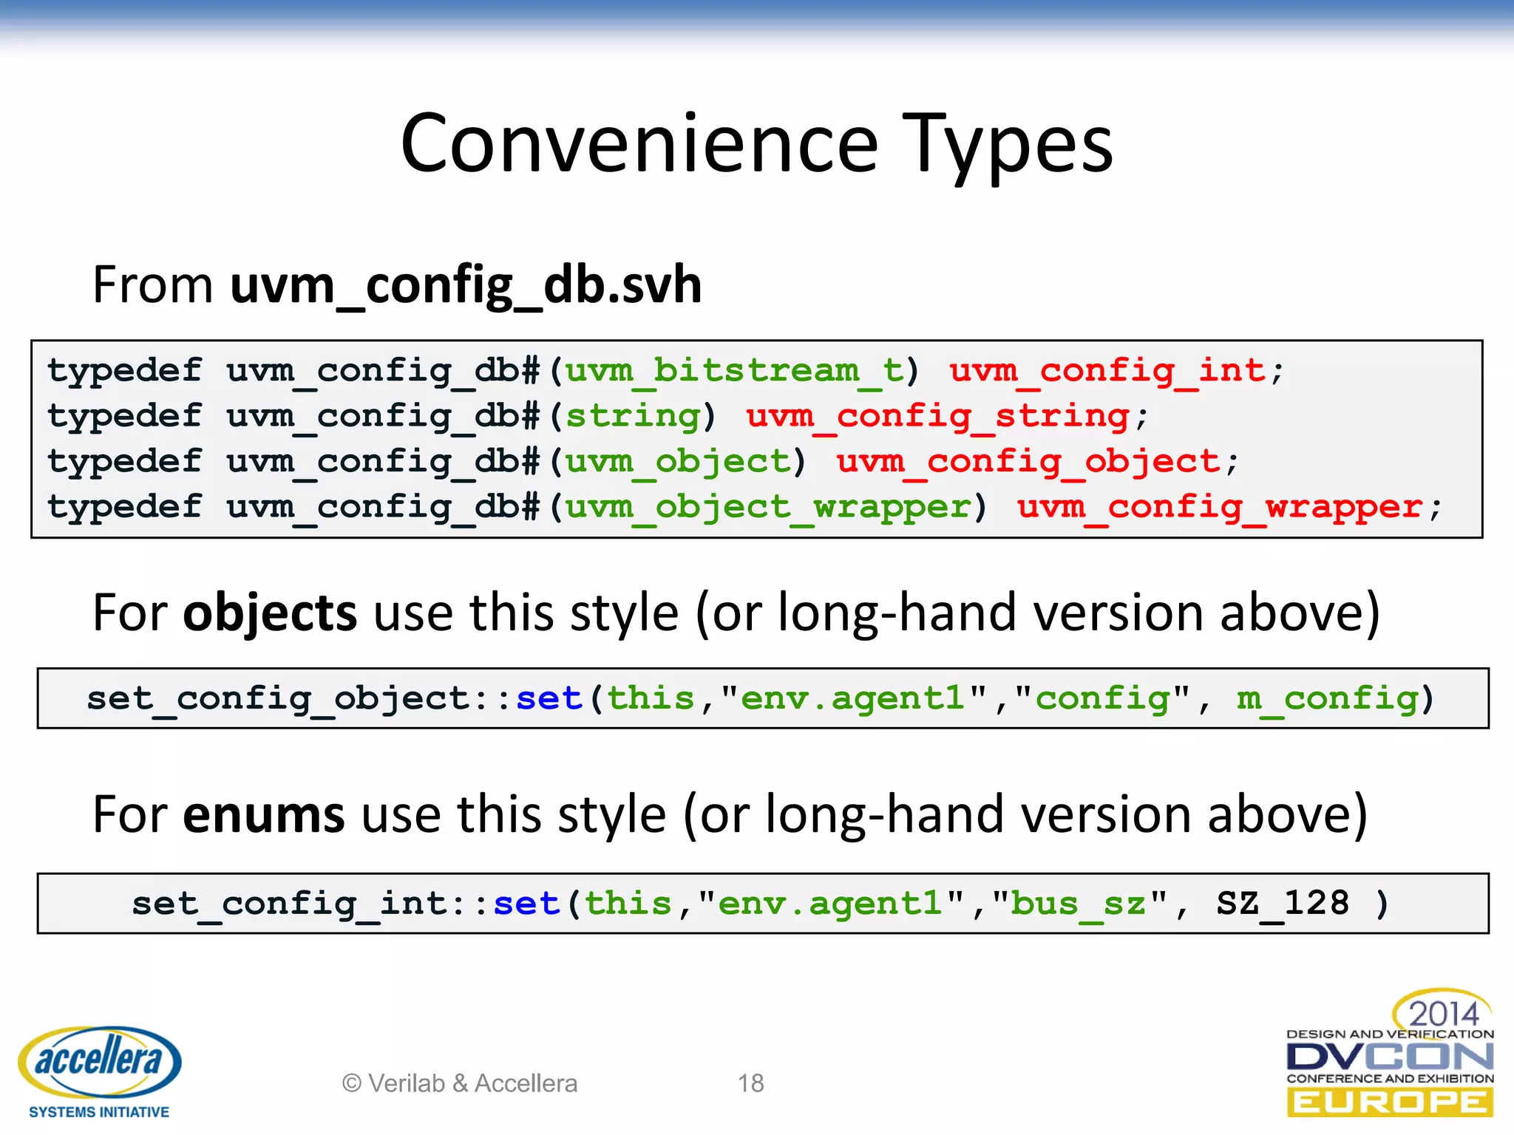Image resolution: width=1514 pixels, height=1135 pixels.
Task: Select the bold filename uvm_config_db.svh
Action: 466,285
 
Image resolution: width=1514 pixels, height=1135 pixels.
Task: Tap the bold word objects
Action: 270,613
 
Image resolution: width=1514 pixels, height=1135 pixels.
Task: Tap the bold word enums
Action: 263,814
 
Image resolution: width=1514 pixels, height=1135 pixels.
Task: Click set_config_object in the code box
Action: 277,699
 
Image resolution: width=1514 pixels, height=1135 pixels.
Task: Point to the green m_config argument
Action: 1328,699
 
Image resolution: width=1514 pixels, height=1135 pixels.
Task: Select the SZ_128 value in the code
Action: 1283,904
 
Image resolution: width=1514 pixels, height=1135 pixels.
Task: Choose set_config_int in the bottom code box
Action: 289,904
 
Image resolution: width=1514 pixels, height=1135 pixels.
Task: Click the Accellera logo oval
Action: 99,1061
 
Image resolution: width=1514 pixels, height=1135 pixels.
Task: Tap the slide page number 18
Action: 750,1083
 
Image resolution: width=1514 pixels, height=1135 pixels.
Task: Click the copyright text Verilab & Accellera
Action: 460,1083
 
